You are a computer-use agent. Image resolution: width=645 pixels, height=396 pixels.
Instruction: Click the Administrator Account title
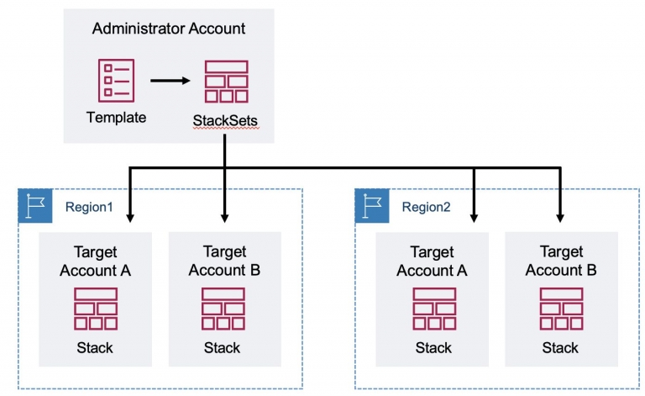[169, 29]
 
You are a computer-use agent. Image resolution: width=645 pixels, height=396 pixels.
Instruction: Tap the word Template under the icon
[116, 117]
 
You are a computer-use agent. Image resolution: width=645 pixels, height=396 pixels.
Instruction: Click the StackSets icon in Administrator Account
[224, 80]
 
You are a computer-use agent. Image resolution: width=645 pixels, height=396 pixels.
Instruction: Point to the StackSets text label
[224, 121]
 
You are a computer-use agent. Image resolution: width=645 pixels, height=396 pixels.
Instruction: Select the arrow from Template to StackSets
[170, 81]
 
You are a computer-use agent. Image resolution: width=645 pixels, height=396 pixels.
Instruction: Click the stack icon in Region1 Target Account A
[95, 309]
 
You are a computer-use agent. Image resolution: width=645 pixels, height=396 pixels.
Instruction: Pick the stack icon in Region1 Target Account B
[223, 309]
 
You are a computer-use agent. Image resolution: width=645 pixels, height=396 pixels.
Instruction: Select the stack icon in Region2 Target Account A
[433, 309]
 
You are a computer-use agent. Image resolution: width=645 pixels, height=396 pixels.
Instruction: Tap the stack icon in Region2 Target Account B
[560, 309]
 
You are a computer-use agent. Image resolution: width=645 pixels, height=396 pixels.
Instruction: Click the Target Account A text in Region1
[95, 261]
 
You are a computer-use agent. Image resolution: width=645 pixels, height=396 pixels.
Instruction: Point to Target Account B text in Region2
[560, 261]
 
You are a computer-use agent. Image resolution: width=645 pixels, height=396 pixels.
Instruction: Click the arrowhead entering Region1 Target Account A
[130, 218]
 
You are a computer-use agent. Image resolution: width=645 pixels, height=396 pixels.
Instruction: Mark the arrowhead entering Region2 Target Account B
[560, 218]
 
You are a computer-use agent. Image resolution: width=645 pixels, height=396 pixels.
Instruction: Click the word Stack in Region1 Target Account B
[223, 347]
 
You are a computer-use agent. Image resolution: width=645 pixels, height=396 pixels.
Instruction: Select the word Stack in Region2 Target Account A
[433, 347]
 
